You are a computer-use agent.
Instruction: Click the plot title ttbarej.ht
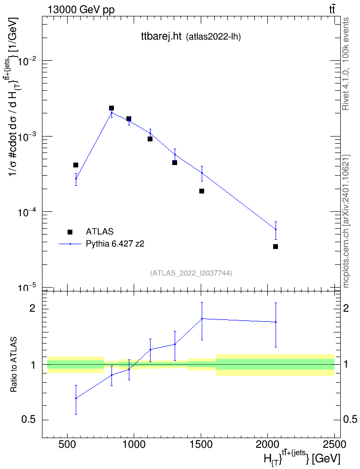(x=161, y=37)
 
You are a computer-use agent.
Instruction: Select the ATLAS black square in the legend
(x=70, y=232)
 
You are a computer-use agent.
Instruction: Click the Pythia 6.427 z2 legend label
(x=115, y=244)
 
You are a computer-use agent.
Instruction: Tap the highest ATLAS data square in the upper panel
(x=111, y=108)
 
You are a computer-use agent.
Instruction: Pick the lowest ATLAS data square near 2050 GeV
(x=276, y=247)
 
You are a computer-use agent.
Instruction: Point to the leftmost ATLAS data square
(x=76, y=165)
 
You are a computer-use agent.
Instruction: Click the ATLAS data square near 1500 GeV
(x=202, y=191)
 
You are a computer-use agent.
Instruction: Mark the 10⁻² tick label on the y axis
(x=28, y=61)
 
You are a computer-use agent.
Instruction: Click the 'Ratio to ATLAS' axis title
(x=14, y=365)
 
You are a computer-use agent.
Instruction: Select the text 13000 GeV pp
(x=81, y=10)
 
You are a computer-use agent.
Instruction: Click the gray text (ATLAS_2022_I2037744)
(x=191, y=273)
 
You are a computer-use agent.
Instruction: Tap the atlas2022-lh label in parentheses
(x=213, y=37)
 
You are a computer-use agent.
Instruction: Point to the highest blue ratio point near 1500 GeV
(x=202, y=318)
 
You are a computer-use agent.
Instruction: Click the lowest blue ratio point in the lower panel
(x=76, y=398)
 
